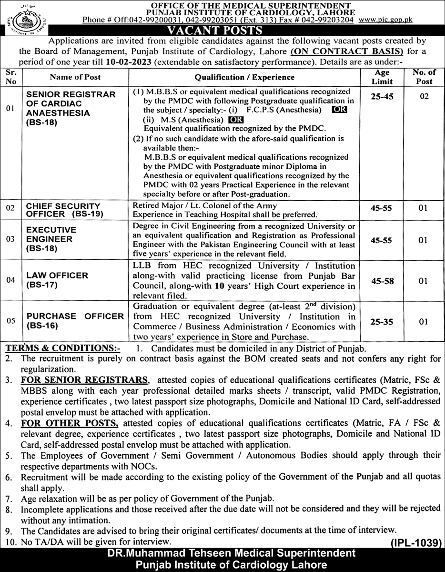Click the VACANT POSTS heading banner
(222, 31)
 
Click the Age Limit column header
(382, 77)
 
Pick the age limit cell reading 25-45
(382, 96)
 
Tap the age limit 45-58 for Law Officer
(382, 282)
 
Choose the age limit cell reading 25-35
(382, 322)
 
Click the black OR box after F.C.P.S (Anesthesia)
(340, 110)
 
